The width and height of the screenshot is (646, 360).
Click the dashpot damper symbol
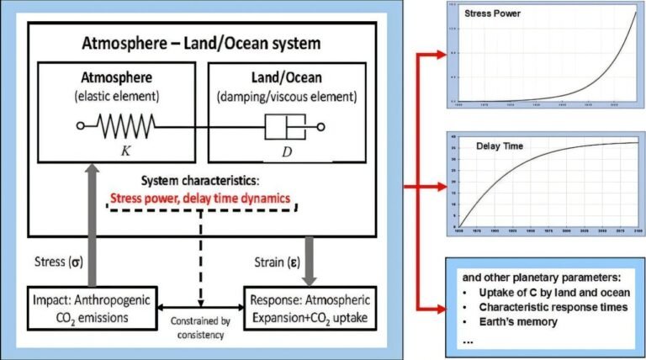284,128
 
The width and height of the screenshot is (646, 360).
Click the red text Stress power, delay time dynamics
200,199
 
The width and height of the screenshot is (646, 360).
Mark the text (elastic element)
116,95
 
